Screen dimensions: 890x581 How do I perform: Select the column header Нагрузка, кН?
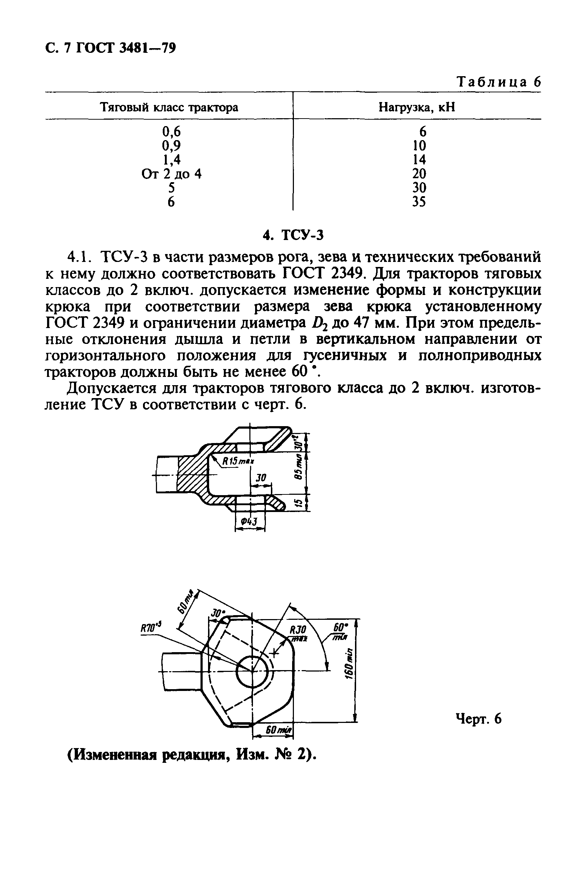coord(417,108)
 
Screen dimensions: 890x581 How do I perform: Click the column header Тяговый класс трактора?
coord(169,108)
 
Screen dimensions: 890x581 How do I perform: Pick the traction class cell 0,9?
coord(171,146)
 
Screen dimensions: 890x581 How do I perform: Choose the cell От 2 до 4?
coord(171,174)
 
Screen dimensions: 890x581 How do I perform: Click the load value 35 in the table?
coord(419,202)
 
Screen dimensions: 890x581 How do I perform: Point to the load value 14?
coord(419,160)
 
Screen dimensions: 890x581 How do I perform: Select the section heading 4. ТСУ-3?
coord(292,235)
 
